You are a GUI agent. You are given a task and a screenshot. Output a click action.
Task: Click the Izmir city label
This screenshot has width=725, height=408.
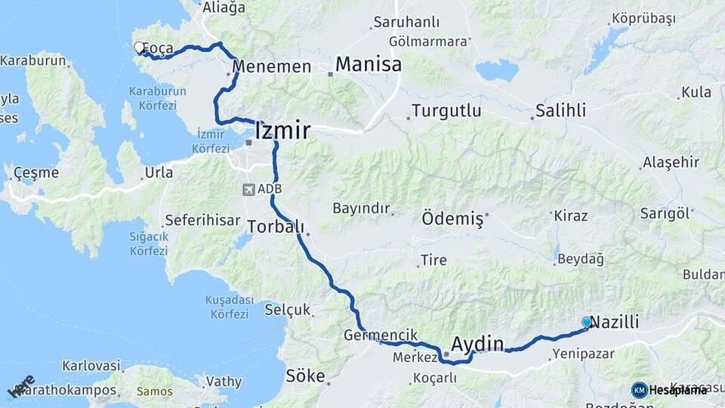pos(282,131)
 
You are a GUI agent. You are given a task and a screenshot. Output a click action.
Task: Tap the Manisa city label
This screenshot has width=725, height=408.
pos(368,64)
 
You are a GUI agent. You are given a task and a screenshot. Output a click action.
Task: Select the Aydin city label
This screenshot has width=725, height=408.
pos(477,344)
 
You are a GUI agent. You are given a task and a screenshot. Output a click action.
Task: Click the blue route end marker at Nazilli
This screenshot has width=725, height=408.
pos(587,322)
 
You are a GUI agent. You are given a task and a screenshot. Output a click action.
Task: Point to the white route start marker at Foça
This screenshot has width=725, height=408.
pos(139,48)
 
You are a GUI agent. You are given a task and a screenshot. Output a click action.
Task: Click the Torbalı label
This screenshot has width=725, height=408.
pos(276,226)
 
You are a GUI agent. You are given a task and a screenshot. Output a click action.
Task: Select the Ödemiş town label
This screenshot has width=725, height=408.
pos(452,219)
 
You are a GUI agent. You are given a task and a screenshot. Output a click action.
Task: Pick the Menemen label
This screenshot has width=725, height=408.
pos(272,66)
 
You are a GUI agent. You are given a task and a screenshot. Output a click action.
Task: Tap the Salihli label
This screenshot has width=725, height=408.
pos(560,110)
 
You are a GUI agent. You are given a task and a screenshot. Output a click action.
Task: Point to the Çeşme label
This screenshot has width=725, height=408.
pos(35,172)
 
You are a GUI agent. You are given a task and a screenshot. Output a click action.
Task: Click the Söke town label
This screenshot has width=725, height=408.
pos(305,376)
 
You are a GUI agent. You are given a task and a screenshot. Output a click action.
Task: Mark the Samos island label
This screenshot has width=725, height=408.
pos(154,391)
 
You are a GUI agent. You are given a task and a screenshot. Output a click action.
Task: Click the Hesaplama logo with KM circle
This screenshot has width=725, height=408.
pos(668,390)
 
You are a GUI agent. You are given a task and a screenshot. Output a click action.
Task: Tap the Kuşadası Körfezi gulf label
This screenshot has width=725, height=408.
pos(227,307)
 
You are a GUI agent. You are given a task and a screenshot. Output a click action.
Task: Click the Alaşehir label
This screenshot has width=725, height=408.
pos(671,162)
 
